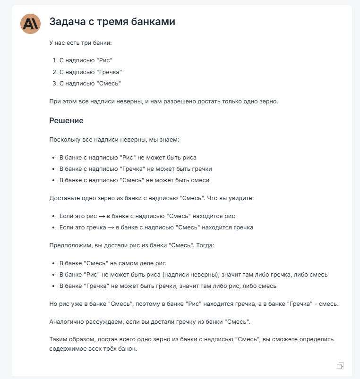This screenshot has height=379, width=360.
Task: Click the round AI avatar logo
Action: [x=31, y=24]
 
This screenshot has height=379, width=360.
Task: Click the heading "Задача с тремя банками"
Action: [x=112, y=22]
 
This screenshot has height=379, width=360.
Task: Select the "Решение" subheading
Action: [x=66, y=120]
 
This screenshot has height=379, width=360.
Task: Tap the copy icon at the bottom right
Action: [x=340, y=365]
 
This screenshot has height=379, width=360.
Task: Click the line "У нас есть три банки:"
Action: [x=80, y=43]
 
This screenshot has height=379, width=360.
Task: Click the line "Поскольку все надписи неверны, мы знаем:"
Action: [x=114, y=140]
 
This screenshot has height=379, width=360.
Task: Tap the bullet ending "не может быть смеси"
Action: [x=134, y=180]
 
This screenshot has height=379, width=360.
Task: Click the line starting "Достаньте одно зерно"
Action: [x=151, y=198]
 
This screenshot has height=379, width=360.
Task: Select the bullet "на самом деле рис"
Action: [x=112, y=263]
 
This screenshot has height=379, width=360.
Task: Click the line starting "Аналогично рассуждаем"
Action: [x=149, y=321]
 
